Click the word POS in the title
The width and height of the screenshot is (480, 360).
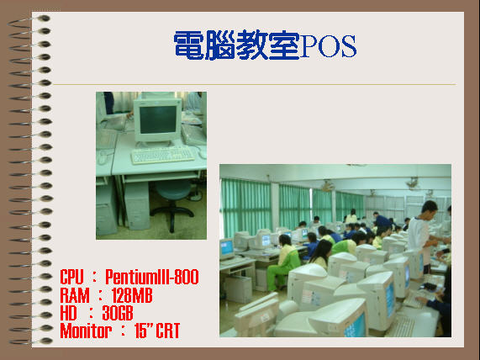(329, 46)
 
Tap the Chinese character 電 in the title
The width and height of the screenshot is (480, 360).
(189, 45)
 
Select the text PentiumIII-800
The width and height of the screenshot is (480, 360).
(152, 277)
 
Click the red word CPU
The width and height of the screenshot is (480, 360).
(71, 277)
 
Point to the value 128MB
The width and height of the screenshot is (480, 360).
(132, 295)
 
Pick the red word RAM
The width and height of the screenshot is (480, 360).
(75, 295)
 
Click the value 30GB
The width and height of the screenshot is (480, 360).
(118, 313)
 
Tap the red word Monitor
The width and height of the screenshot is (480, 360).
(86, 331)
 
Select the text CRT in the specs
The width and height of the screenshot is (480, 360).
(168, 331)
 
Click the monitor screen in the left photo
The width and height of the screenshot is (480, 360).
(158, 119)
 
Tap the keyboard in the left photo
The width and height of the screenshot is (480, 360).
(162, 155)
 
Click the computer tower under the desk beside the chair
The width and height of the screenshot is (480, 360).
(137, 205)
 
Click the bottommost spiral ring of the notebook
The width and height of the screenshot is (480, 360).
(30, 341)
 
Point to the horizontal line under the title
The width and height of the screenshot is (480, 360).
(255, 84)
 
